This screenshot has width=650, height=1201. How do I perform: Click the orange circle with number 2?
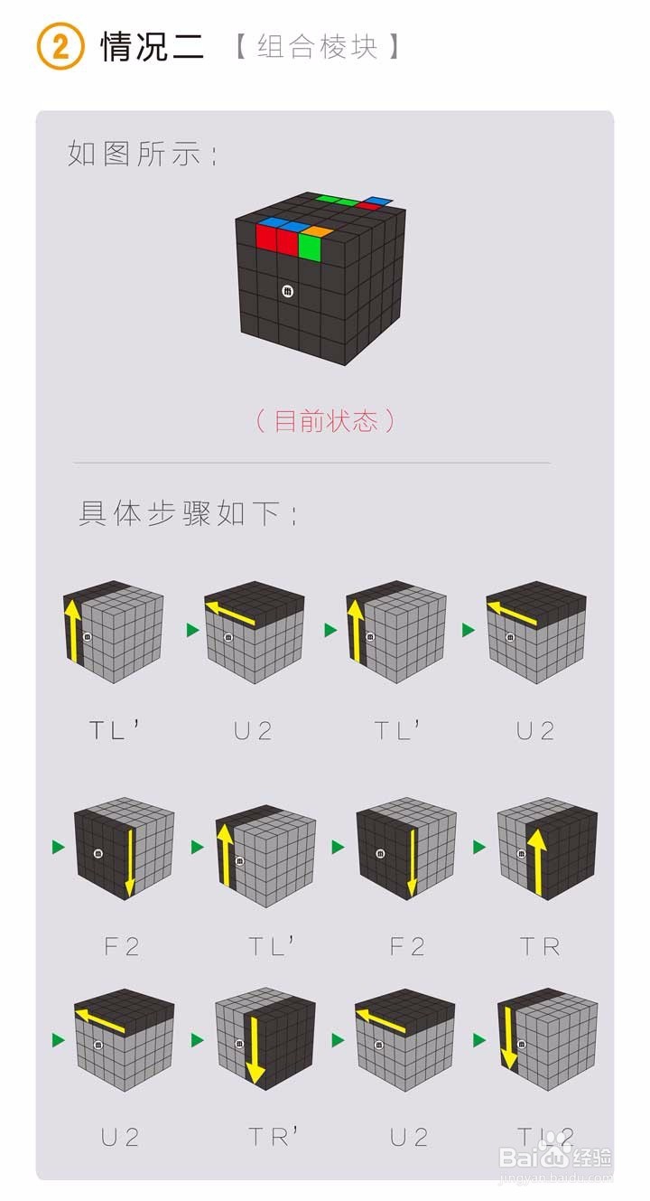click(x=60, y=46)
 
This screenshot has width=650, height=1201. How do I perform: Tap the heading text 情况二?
click(x=153, y=46)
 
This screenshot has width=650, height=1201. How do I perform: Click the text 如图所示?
click(x=143, y=154)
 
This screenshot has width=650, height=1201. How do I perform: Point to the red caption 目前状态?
click(x=325, y=420)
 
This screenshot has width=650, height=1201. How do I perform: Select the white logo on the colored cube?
click(x=287, y=291)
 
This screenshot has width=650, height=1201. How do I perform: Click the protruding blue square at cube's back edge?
click(x=378, y=201)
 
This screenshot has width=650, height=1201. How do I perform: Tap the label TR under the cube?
click(x=540, y=946)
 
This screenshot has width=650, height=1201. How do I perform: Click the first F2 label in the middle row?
click(x=122, y=946)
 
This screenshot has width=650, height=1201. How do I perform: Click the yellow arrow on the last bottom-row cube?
click(x=507, y=1040)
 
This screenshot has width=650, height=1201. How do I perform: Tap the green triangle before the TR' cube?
click(x=198, y=1040)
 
